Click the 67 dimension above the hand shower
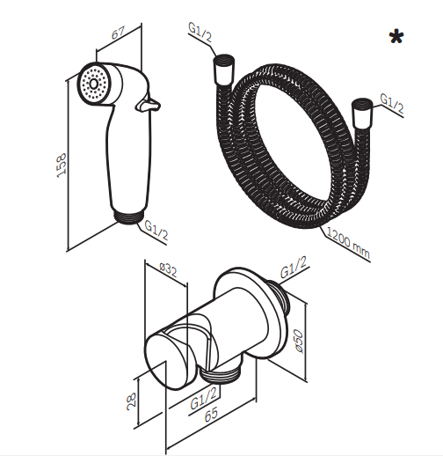click(x=118, y=33)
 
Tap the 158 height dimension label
click(x=62, y=165)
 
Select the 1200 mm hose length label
click(x=348, y=243)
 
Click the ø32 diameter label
click(x=169, y=270)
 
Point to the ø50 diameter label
click(x=299, y=341)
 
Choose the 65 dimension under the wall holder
click(x=212, y=414)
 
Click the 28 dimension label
click(x=132, y=400)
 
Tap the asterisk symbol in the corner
click(x=396, y=37)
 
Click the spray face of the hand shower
click(x=94, y=85)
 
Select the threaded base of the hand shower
click(x=128, y=217)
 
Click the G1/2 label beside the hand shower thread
click(x=157, y=231)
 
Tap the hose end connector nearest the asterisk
click(x=362, y=114)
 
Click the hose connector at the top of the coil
click(x=224, y=70)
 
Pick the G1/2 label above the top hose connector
click(x=200, y=33)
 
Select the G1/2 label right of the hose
click(x=392, y=104)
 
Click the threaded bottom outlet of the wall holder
click(x=220, y=374)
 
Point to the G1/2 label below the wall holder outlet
click(x=204, y=398)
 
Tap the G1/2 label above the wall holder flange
click(x=294, y=268)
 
